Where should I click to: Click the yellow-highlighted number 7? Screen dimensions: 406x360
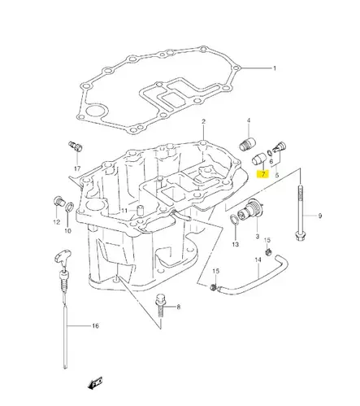[262, 174]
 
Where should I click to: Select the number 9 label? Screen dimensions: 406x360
[319, 216]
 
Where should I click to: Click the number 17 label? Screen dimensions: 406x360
[77, 169]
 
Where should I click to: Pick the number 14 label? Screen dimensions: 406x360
[258, 261]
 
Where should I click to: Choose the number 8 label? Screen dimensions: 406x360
[179, 307]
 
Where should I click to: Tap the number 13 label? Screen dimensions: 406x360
[235, 244]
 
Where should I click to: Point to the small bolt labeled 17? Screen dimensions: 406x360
[76, 146]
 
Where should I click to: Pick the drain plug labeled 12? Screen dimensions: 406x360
[57, 201]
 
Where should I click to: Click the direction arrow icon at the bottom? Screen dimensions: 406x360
[98, 380]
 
